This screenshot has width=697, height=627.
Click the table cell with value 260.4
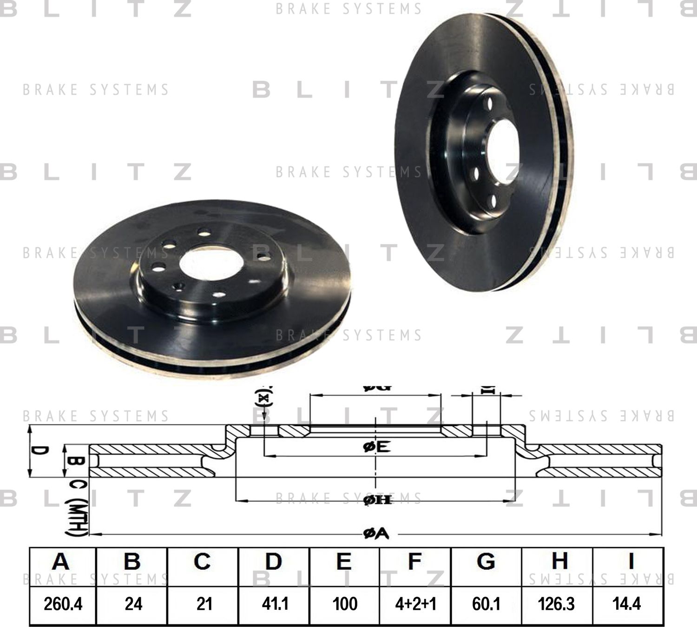[x=63, y=604]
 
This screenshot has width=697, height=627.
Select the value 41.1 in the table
[x=275, y=604]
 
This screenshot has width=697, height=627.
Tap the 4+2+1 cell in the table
[x=415, y=604]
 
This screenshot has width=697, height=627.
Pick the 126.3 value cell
[x=556, y=604]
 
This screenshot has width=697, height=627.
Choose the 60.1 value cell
[x=486, y=604]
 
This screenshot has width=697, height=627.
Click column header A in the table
[x=61, y=562]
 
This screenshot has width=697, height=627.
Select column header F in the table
[x=414, y=562]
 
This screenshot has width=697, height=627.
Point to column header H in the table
[x=559, y=562]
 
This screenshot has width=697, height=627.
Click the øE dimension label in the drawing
[x=376, y=447]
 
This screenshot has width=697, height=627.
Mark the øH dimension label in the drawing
[x=377, y=500]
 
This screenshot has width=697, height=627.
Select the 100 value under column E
[x=345, y=604]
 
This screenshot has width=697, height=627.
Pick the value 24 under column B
[x=133, y=604]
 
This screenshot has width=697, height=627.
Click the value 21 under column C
[x=204, y=604]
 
